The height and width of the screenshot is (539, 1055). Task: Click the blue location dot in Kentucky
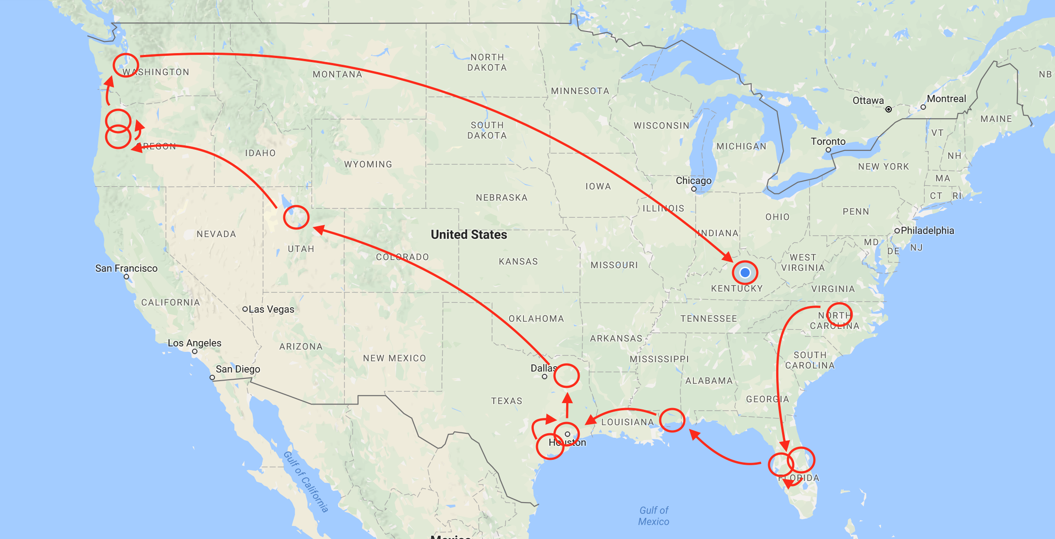(x=745, y=273)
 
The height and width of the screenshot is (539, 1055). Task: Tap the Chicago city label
(x=693, y=181)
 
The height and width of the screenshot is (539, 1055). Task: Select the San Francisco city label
(x=126, y=269)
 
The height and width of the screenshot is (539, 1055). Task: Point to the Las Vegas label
(x=271, y=310)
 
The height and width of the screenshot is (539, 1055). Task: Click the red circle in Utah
(x=296, y=217)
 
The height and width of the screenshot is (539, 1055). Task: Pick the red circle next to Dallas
(x=566, y=376)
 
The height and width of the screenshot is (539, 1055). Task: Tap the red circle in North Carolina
(x=839, y=315)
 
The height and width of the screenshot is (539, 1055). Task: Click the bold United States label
(x=469, y=235)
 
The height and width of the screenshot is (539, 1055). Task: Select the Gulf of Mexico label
(x=654, y=516)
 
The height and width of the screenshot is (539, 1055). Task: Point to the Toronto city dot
(x=828, y=150)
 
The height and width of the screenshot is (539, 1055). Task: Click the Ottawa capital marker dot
(x=889, y=109)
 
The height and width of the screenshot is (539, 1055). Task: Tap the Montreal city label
(x=946, y=99)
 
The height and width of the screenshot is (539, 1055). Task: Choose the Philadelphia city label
(x=927, y=231)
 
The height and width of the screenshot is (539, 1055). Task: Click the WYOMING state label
(x=368, y=165)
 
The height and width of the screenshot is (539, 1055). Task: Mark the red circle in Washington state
(x=125, y=65)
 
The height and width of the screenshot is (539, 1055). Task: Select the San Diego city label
(x=238, y=369)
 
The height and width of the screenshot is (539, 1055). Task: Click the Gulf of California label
(x=306, y=482)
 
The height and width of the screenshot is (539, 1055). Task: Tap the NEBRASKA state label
(x=502, y=198)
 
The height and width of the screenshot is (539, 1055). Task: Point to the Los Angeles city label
(x=194, y=343)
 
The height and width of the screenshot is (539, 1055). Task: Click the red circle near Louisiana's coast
(x=672, y=420)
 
